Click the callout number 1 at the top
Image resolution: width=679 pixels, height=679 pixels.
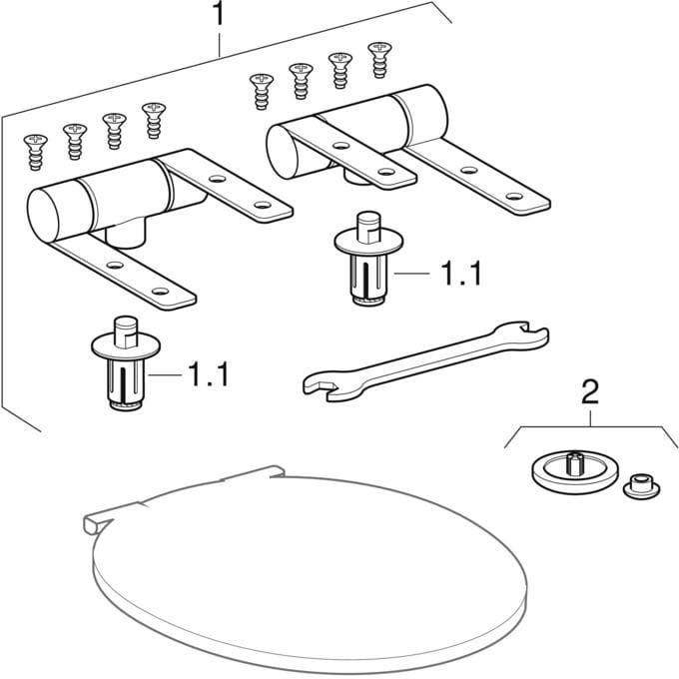219,13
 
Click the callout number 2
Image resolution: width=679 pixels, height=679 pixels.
590,392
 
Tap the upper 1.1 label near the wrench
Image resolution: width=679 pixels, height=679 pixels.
460,274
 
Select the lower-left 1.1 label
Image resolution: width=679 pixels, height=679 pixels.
209,374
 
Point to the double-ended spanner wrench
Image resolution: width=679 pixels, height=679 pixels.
425,361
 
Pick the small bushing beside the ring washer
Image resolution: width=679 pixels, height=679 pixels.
641,486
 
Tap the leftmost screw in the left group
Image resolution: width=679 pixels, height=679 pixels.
36,152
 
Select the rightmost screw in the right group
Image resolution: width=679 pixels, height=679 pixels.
379,60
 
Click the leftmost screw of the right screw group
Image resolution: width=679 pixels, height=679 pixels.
262,91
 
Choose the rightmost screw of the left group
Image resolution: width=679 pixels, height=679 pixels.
154,120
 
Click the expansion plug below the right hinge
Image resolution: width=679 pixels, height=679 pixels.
368,259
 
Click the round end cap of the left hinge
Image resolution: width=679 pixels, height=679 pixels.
43,215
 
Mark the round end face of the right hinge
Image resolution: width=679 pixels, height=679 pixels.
283,152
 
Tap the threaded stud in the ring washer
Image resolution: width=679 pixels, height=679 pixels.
573,462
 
